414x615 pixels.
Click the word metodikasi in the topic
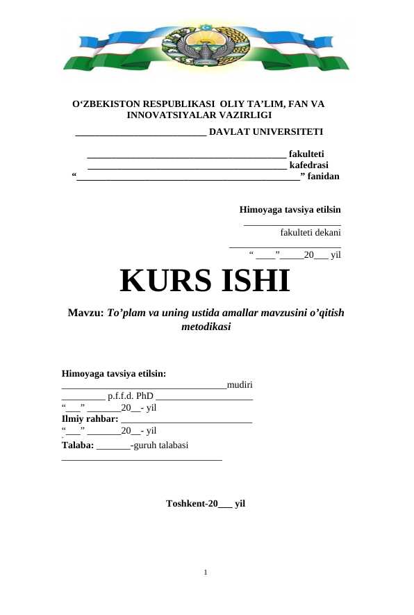click(206, 326)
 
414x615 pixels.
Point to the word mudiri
click(240, 384)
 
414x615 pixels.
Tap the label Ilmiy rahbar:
click(90, 419)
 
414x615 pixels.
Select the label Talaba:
click(78, 445)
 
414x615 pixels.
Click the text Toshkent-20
click(192, 504)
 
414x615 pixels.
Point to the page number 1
click(206, 573)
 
